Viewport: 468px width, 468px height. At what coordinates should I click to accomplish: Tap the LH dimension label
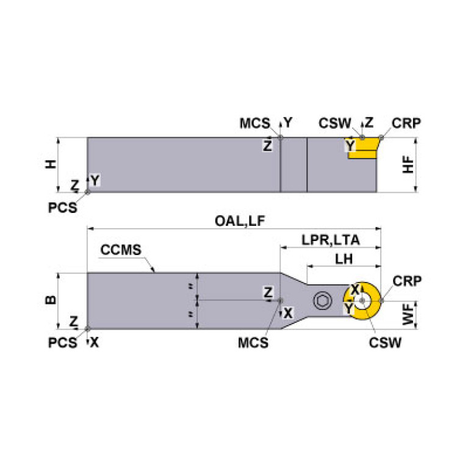pos(344,259)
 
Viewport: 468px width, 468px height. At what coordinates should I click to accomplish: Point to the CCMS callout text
pos(121,250)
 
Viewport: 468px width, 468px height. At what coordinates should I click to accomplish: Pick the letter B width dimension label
pos(51,300)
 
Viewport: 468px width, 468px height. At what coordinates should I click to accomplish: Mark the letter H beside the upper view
pos(51,164)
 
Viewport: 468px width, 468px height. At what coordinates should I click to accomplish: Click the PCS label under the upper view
pos(63,207)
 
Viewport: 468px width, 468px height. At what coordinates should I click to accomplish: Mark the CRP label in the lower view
pos(406,281)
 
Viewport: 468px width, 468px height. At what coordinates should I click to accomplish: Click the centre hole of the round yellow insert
pos(363,300)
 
